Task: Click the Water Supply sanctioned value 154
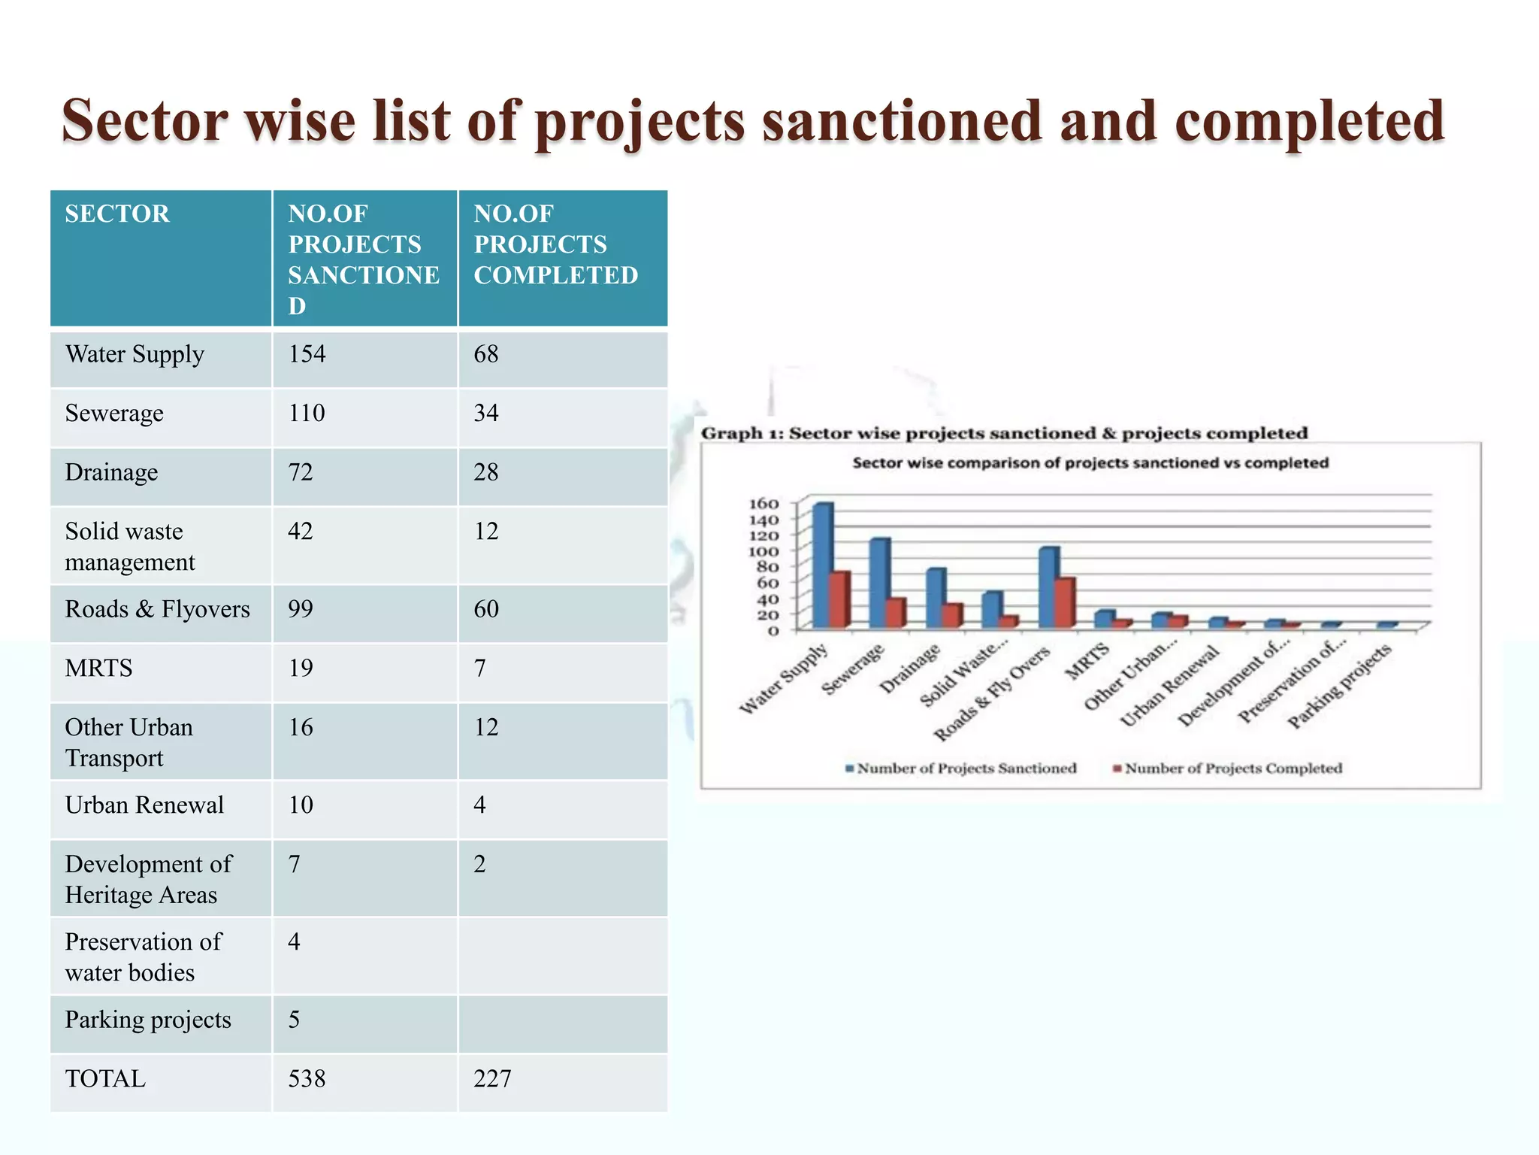[x=307, y=354]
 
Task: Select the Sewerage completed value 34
[x=485, y=413]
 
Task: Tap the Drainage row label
[x=111, y=472]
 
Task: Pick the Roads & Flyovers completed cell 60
[x=485, y=609]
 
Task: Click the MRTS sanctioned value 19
[x=301, y=668]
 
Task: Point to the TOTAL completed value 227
[x=492, y=1079]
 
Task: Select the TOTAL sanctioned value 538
[x=307, y=1079]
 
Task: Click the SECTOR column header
[x=117, y=214]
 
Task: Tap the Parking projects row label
[x=148, y=1020]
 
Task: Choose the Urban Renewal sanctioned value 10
[x=301, y=805]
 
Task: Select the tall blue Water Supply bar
[x=822, y=564]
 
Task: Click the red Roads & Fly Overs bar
[x=1065, y=602]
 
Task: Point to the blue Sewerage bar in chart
[x=878, y=583]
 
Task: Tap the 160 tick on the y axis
[x=763, y=503]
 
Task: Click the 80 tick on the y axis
[x=766, y=567]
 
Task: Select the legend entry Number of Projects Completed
[x=1232, y=768]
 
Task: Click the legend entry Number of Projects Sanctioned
[x=966, y=768]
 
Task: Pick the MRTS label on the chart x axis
[x=1087, y=661]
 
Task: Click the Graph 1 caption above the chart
[x=1004, y=433]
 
